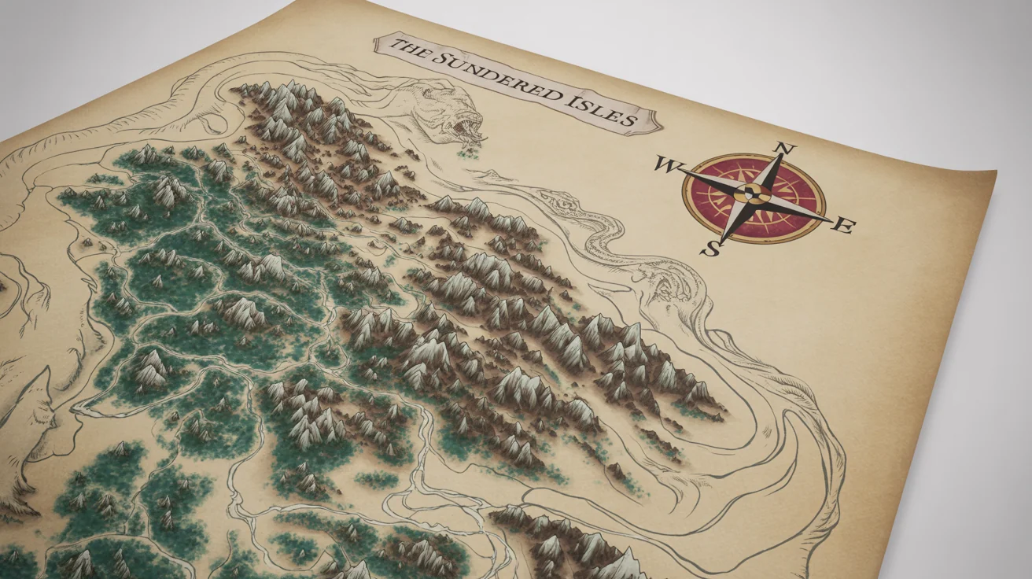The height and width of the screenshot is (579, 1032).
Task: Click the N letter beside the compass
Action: click(x=787, y=149)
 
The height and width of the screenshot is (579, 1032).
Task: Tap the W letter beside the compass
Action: click(x=665, y=165)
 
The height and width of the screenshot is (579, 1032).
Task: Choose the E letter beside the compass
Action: click(x=842, y=227)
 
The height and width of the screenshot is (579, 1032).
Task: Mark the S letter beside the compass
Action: click(x=711, y=249)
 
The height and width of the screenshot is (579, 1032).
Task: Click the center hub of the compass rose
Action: click(x=753, y=194)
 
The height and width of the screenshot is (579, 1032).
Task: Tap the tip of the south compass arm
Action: click(x=721, y=239)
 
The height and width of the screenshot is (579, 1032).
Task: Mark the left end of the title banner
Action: click(x=379, y=46)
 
